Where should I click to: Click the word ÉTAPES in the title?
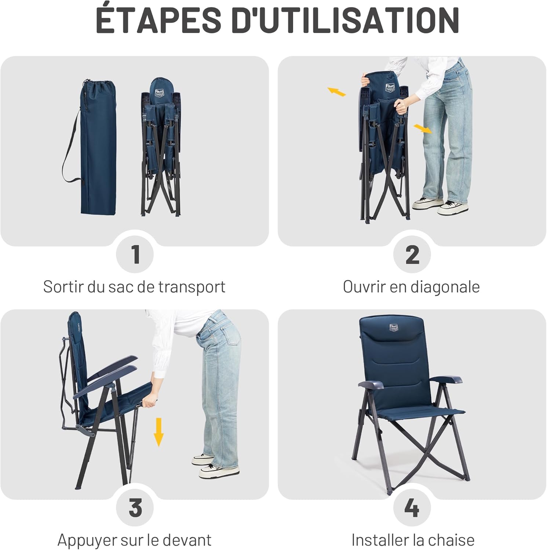(158, 20)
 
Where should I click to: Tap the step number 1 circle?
(135, 254)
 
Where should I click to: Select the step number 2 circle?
(412, 254)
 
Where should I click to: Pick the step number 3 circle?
(135, 508)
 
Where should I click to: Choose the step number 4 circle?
(412, 508)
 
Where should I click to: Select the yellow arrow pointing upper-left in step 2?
(336, 92)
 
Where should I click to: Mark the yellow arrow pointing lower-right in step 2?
(423, 129)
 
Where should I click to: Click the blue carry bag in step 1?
(98, 154)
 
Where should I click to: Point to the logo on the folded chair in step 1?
(160, 93)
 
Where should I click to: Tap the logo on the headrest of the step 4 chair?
(394, 327)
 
